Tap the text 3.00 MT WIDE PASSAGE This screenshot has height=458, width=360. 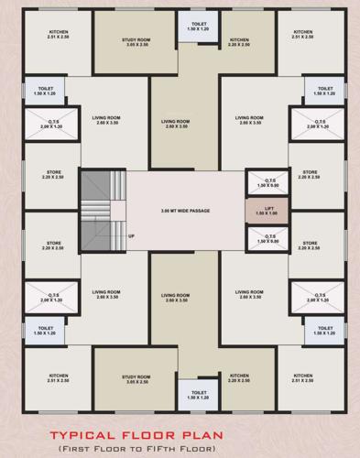point(185,211)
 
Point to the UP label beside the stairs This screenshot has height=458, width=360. point(132,235)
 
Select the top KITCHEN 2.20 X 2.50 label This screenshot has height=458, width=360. point(240,42)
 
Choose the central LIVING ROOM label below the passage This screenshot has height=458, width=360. point(175,298)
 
